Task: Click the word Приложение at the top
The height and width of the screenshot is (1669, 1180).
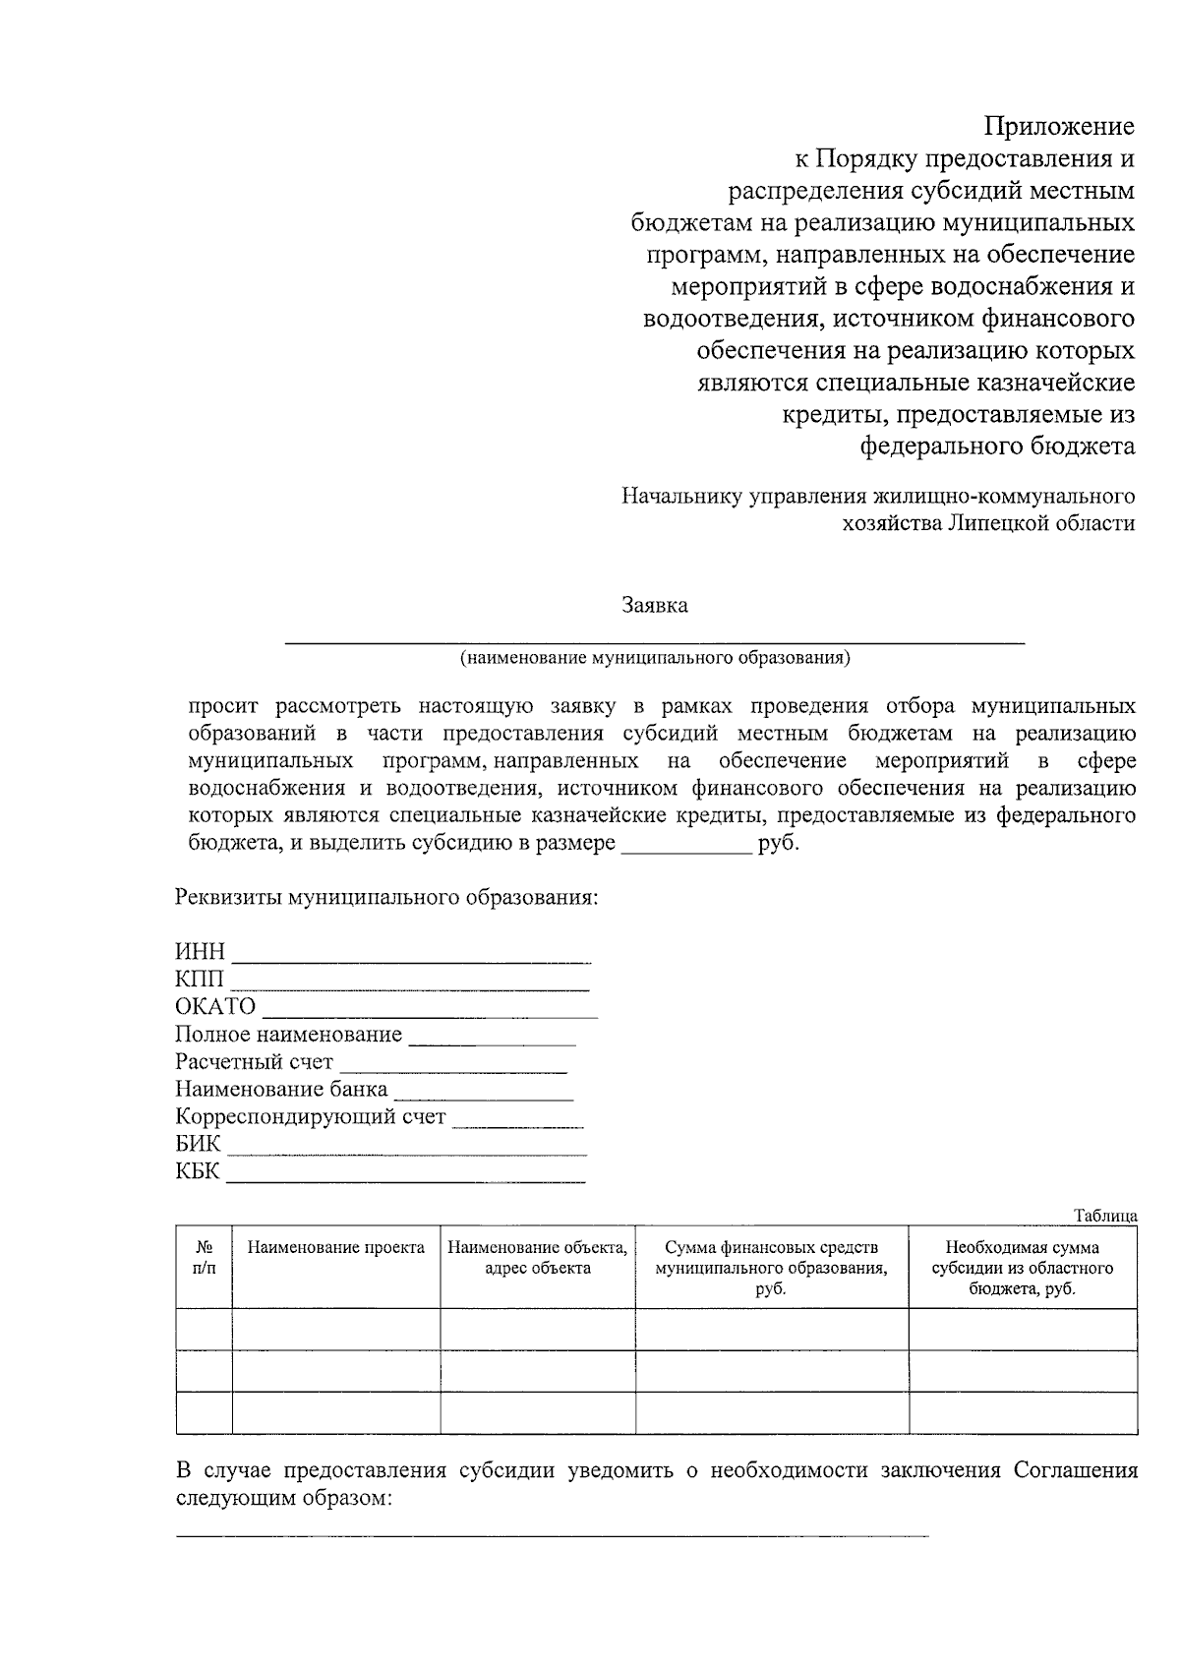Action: (1060, 127)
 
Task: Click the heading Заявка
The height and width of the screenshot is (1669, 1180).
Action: (654, 605)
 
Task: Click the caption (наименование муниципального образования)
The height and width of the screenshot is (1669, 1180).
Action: (654, 658)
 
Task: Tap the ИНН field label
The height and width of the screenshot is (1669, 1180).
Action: (200, 952)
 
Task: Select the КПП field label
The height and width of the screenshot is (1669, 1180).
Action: (200, 980)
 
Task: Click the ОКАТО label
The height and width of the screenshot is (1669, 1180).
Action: (215, 1007)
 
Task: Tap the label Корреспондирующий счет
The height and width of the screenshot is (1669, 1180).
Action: (310, 1117)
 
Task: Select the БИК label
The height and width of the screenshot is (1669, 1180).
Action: (198, 1144)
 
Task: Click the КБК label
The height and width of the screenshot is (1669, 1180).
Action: (198, 1171)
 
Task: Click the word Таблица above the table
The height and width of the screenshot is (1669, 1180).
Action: (1105, 1216)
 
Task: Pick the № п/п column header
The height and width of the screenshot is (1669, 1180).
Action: (204, 1257)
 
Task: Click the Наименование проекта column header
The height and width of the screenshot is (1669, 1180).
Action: (335, 1248)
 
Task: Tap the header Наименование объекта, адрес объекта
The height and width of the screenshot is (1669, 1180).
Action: (537, 1258)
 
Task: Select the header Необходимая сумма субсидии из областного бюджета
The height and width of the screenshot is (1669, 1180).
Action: (1022, 1268)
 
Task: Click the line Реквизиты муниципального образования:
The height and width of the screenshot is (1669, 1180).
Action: (386, 898)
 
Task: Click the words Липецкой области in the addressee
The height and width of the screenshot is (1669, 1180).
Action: (1042, 523)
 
